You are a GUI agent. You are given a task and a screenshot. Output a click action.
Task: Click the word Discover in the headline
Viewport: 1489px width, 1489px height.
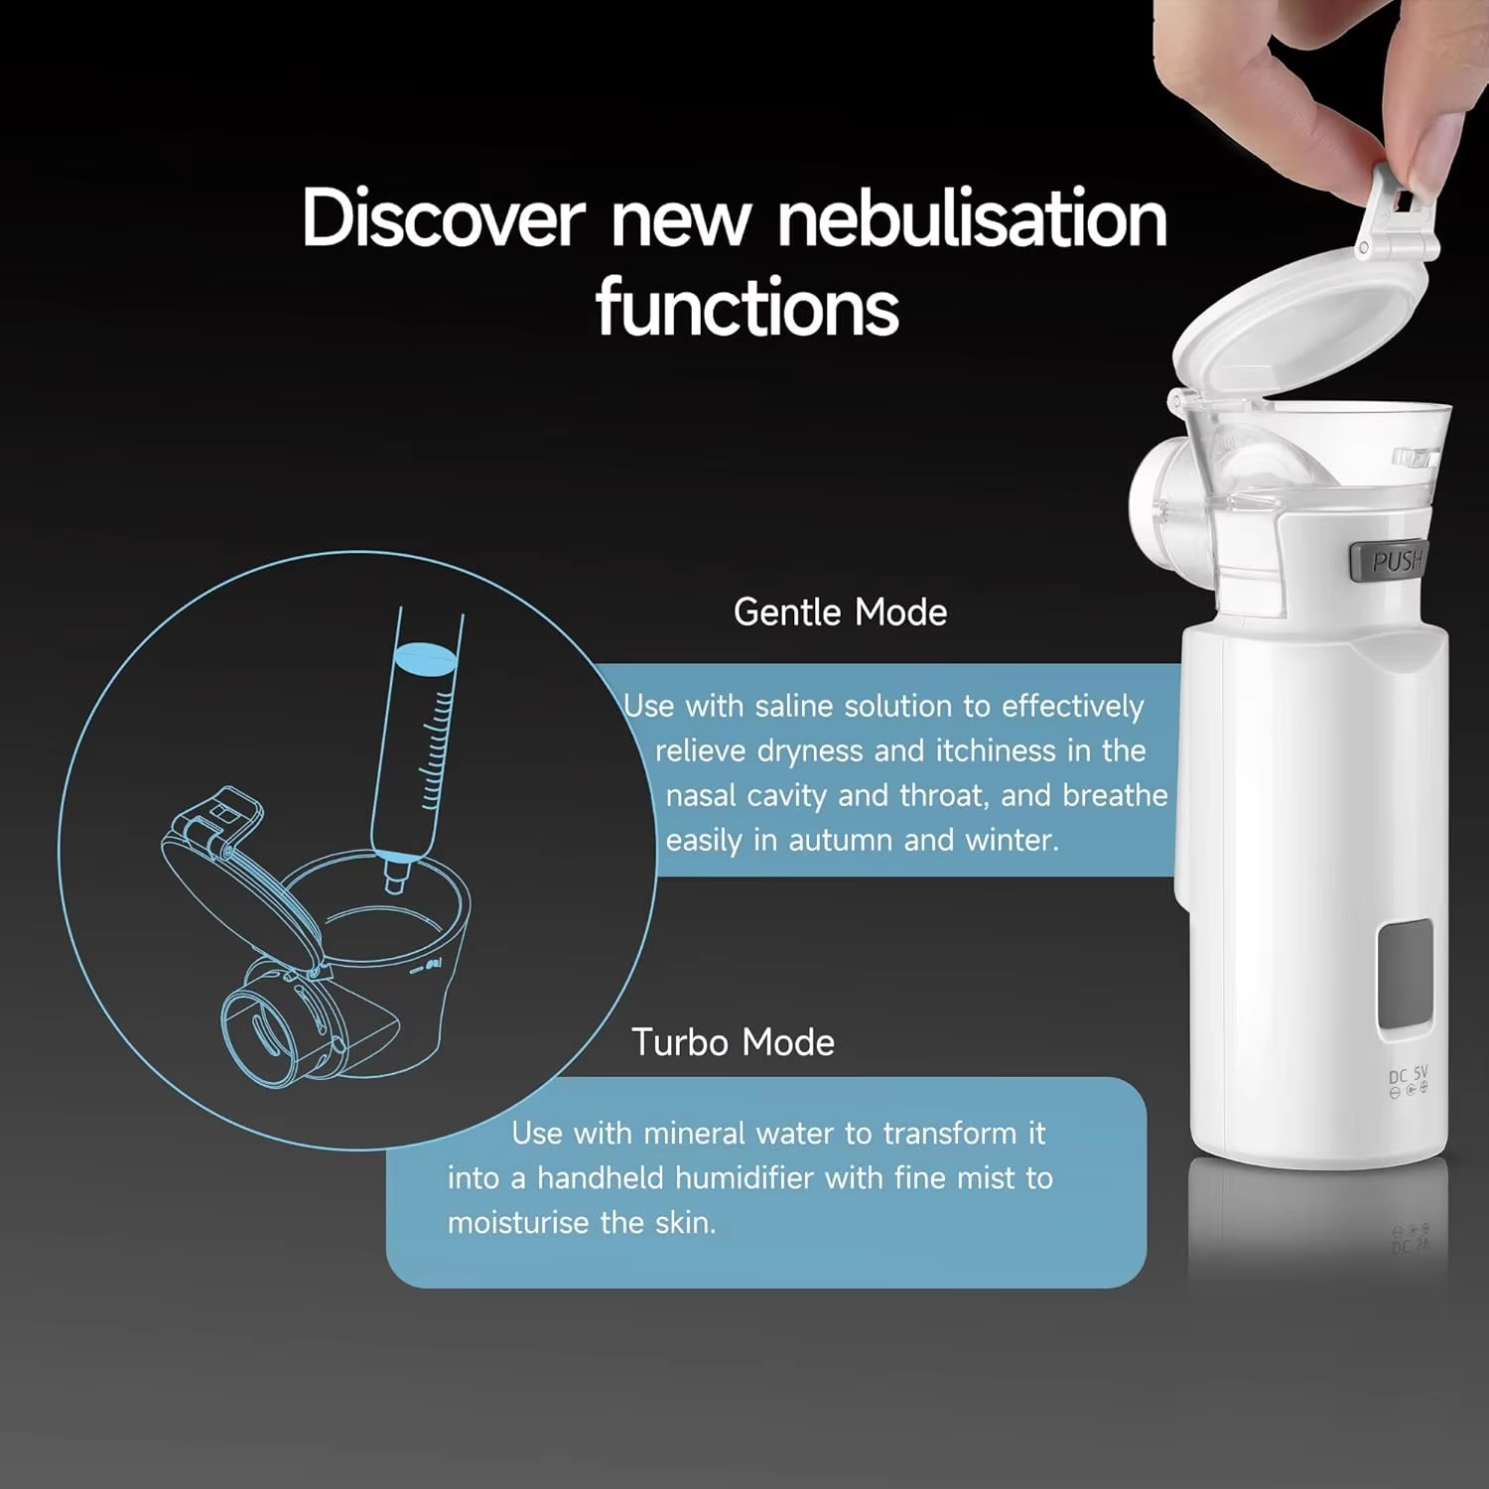(444, 217)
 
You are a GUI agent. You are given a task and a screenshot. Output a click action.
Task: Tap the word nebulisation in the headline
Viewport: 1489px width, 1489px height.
(973, 217)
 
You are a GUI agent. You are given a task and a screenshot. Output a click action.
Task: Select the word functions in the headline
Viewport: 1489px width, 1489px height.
(747, 307)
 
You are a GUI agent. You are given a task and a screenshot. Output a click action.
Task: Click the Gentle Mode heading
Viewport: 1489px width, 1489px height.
(840, 612)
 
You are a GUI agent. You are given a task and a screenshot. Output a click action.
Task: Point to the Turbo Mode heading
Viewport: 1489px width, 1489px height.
(733, 1042)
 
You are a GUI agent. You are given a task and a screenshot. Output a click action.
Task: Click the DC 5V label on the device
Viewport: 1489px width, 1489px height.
(1408, 1075)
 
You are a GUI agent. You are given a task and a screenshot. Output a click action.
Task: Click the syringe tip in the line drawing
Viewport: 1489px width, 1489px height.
(396, 879)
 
